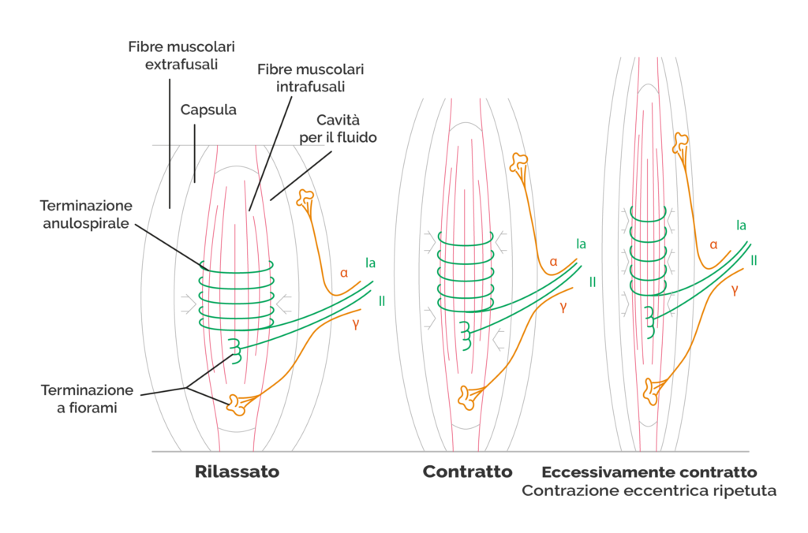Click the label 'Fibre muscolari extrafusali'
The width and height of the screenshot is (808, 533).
click(181, 56)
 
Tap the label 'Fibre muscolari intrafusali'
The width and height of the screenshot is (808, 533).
click(310, 78)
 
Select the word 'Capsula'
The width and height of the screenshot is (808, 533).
click(208, 110)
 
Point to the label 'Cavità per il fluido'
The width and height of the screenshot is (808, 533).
click(338, 129)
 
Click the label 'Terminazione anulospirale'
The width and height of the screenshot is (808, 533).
click(86, 214)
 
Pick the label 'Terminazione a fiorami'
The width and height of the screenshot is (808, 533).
click(87, 399)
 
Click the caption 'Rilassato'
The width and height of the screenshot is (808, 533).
click(237, 471)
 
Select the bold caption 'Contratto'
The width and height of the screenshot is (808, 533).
click(467, 471)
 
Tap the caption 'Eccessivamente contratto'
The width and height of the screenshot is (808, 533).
click(649, 472)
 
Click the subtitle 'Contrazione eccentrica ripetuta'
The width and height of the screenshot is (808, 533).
click(649, 490)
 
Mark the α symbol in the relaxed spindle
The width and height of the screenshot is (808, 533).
click(344, 273)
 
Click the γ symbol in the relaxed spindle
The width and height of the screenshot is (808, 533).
click(356, 324)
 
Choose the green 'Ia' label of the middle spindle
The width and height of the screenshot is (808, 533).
click(581, 244)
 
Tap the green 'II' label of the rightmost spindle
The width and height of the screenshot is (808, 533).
click(754, 260)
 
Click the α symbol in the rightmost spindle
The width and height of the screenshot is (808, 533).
click(713, 245)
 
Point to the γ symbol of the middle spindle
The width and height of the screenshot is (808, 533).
click(563, 307)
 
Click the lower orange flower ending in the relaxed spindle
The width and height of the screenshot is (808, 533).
click(237, 404)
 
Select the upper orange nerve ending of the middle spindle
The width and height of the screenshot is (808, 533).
click(518, 164)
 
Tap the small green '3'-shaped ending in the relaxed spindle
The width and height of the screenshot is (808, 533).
click(235, 352)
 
